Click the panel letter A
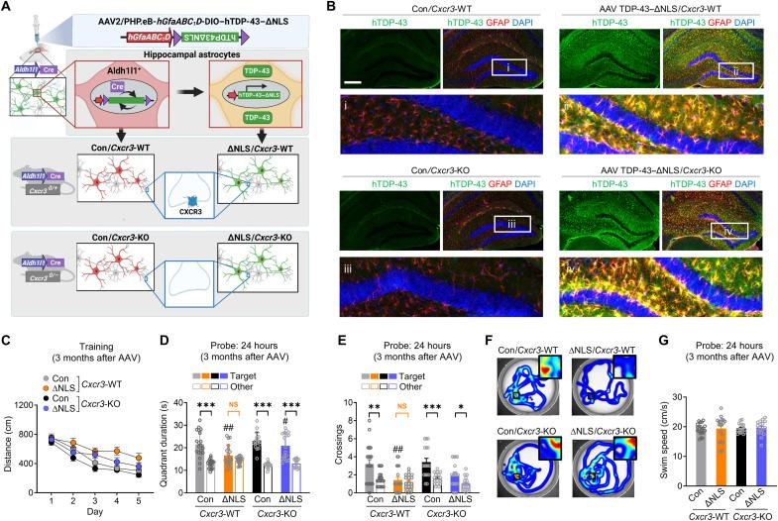7,8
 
